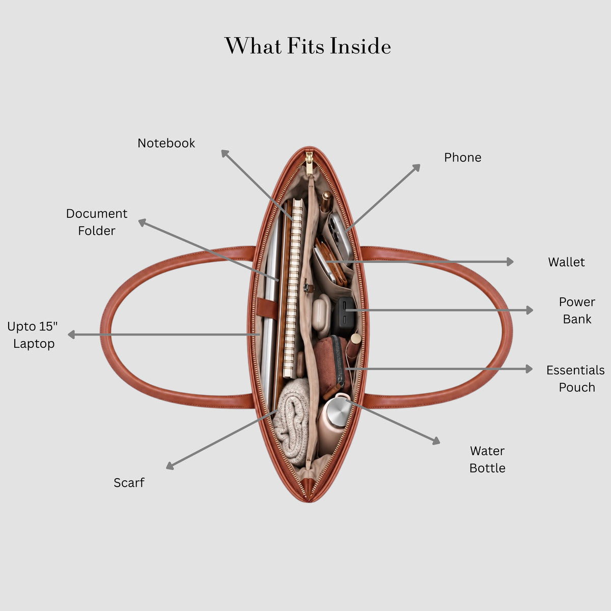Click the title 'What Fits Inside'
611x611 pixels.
(x=308, y=46)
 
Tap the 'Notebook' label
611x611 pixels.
(x=166, y=143)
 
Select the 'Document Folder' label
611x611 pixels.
(x=97, y=222)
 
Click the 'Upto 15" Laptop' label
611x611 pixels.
(x=33, y=335)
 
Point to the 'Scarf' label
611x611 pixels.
(x=129, y=483)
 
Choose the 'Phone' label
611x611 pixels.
(x=463, y=157)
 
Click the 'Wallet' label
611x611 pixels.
(x=566, y=262)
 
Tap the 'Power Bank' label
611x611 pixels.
(x=577, y=311)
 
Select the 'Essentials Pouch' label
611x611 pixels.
(x=575, y=379)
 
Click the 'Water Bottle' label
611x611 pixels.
(x=487, y=459)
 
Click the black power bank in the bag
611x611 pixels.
(x=344, y=316)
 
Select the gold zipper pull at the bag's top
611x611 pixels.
(x=309, y=163)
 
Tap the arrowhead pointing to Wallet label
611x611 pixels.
(x=510, y=262)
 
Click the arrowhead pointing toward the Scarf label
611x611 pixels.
(x=170, y=465)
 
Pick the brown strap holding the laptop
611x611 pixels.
(x=267, y=307)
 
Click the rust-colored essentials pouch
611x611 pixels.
(x=330, y=365)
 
